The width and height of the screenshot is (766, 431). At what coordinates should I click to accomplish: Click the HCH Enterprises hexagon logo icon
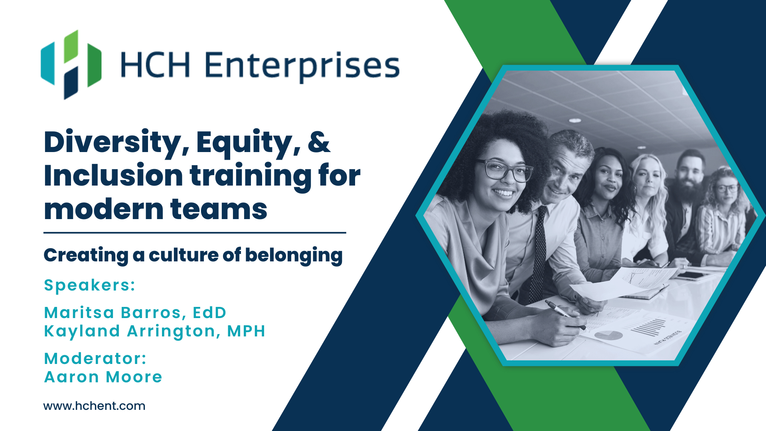(71, 65)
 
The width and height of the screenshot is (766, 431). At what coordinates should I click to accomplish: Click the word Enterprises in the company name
(302, 66)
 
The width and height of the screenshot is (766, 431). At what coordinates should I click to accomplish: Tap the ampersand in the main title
(319, 142)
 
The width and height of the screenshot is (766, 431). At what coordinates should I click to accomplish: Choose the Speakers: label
(90, 285)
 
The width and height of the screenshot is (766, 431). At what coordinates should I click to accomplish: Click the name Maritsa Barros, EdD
(135, 313)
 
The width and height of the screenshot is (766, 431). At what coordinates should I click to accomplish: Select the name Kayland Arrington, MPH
(154, 331)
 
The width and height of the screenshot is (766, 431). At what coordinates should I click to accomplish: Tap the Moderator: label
(95, 359)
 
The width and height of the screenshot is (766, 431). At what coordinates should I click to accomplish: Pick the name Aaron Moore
(103, 377)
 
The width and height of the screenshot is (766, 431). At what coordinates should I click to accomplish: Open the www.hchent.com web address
(94, 406)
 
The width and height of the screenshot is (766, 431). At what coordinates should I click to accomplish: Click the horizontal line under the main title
(195, 233)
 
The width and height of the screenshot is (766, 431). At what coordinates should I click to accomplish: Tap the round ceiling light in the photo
(575, 120)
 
